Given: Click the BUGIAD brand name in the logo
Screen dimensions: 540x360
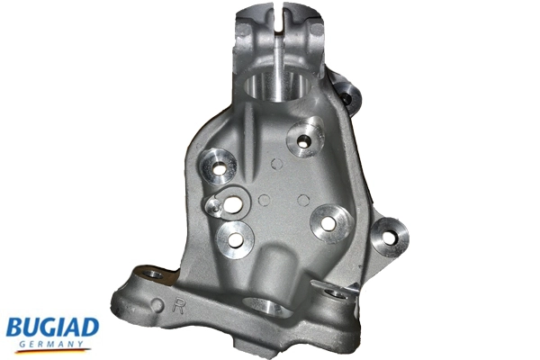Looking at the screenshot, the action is pos(53,328).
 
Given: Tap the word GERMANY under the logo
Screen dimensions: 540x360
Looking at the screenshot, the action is pos(51,344).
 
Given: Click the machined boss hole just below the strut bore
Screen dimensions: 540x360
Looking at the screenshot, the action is pos(303,141).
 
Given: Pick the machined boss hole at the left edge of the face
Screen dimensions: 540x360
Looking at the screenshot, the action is pos(219,169).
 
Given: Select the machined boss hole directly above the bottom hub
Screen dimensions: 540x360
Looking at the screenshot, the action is pos(236,239).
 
